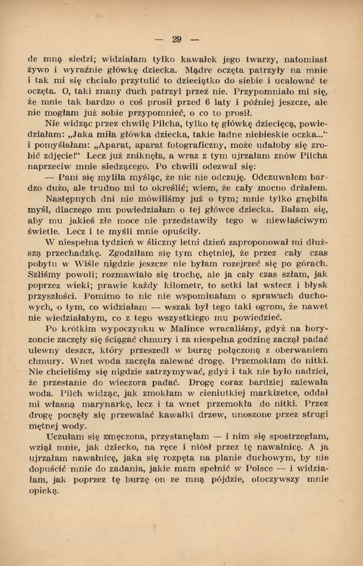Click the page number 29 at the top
click(x=177, y=39)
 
